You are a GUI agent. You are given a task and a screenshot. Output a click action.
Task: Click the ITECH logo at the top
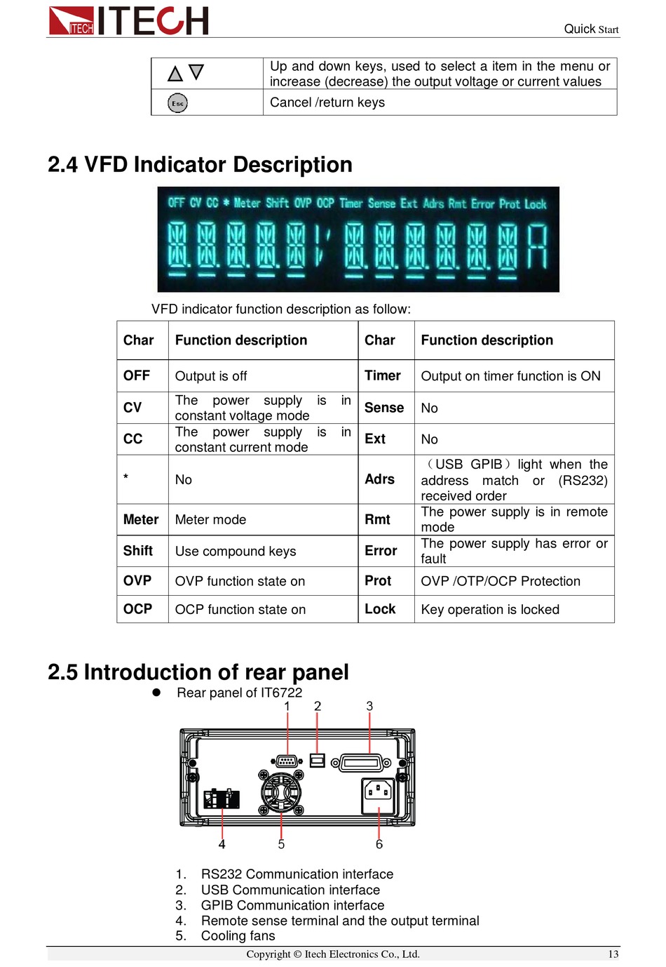coord(129,20)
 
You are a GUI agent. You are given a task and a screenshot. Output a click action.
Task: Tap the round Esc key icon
coord(177,103)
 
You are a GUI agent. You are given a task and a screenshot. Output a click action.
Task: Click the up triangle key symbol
coord(175,74)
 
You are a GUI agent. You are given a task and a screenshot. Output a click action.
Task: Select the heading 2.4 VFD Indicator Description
coord(200,164)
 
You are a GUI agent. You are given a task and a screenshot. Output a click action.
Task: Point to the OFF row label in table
coord(137,375)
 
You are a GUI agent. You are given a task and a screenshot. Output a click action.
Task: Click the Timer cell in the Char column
coord(383,375)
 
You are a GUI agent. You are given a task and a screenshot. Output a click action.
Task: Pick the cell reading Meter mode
coord(210,519)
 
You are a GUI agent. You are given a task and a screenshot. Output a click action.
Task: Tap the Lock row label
coord(380,609)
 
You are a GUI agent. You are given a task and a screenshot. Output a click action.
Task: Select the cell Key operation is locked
coord(490,609)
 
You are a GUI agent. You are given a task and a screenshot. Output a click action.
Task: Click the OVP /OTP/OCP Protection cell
coord(501,581)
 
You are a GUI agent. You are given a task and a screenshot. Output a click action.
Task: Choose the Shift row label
coord(138,551)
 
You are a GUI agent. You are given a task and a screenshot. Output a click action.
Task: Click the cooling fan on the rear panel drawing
coord(281,792)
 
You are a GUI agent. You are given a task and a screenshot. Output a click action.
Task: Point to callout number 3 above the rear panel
coord(369,706)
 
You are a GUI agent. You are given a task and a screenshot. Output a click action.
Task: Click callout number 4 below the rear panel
coord(222,844)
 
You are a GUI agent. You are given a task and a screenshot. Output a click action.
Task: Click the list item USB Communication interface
coord(290,890)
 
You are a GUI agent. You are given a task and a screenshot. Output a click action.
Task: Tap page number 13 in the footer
coord(613,954)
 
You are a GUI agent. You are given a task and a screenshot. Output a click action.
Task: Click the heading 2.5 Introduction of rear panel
coord(198,672)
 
